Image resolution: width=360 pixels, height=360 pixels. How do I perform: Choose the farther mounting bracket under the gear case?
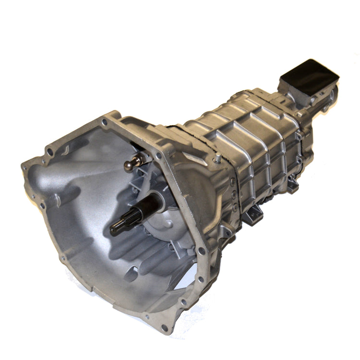[x=291, y=183]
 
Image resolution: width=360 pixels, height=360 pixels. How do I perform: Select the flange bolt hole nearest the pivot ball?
[x=158, y=155]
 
